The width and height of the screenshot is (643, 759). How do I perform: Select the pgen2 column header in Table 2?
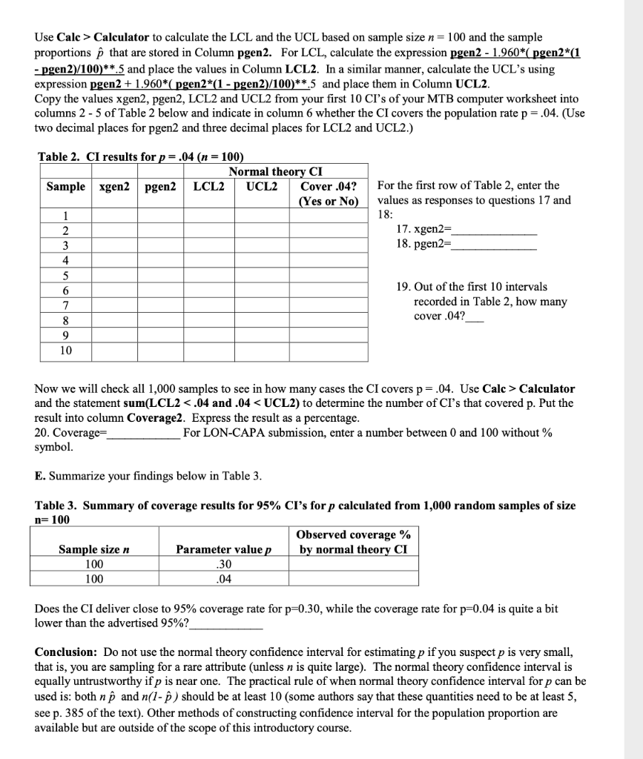(160, 186)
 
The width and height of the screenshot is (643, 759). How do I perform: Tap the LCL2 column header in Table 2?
(209, 186)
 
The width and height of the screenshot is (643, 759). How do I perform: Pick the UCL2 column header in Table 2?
(262, 186)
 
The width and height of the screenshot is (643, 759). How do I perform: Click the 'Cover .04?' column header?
(328, 186)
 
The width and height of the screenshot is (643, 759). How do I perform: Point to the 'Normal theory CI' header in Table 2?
(275, 172)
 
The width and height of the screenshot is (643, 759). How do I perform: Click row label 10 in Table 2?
(66, 351)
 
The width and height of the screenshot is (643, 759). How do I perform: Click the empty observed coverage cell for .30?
(353, 564)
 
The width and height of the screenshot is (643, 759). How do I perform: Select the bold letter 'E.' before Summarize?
(42, 475)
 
